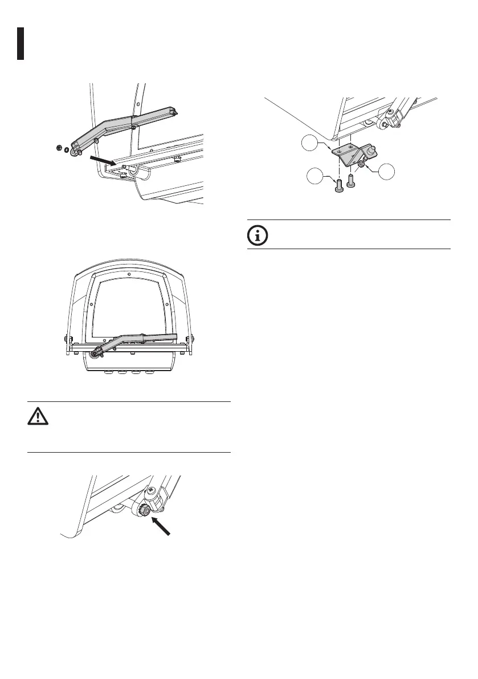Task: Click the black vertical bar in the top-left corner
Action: point(21,43)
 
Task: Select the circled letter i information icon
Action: point(260,234)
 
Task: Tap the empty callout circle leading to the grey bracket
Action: point(311,144)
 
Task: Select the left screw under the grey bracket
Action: point(339,186)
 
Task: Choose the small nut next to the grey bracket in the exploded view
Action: point(362,165)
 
